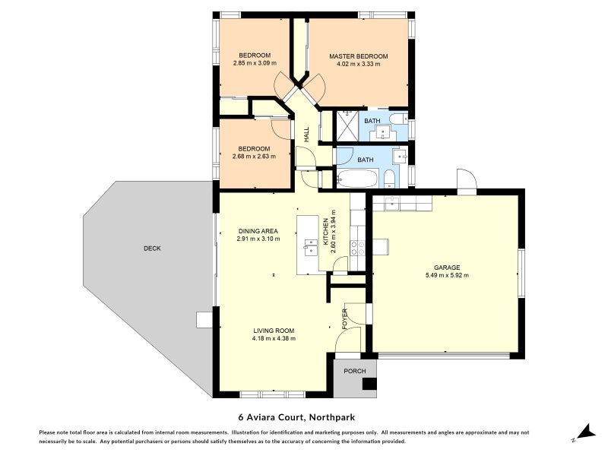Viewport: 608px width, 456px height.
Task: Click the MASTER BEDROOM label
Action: [358, 56]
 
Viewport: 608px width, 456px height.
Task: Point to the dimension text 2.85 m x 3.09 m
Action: [254, 64]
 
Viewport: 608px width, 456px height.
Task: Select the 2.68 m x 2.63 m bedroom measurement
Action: [254, 157]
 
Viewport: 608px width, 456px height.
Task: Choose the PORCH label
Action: [355, 371]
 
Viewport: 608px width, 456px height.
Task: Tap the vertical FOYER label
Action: [345, 317]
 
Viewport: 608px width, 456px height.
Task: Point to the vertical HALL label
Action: [306, 134]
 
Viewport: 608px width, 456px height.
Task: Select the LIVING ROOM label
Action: [274, 331]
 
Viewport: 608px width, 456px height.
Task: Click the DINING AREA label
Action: [258, 231]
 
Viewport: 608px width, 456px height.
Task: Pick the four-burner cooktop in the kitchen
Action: [358, 247]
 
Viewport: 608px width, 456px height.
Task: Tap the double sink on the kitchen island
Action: [310, 246]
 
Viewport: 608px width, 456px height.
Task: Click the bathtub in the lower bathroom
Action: [356, 179]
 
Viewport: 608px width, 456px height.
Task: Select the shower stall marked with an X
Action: [347, 125]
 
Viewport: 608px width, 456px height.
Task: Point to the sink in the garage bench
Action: [392, 203]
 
